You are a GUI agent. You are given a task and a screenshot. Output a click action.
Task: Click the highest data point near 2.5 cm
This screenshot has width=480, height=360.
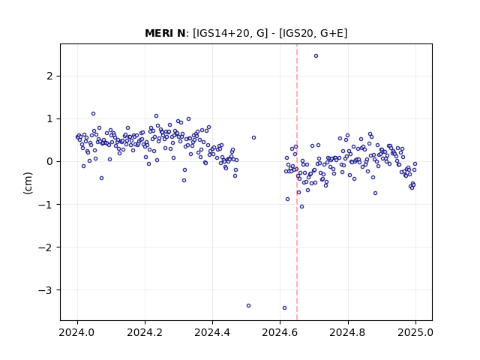coord(316,56)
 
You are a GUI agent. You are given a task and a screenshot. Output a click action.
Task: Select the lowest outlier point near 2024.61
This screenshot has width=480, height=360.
coord(284,308)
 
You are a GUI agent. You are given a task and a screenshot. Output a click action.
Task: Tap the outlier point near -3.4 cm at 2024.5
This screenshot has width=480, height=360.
coord(248,305)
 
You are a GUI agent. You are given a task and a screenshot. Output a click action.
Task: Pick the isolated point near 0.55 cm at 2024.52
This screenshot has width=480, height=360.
coord(253,138)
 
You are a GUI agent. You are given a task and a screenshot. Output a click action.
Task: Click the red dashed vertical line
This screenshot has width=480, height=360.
coord(297,182)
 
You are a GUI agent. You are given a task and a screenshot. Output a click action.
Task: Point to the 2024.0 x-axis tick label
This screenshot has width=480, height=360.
coord(77,332)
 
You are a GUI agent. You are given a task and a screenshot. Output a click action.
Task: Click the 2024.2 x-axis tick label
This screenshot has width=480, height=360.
coord(145,332)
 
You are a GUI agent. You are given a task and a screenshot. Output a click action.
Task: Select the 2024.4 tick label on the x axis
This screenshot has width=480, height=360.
coord(212,332)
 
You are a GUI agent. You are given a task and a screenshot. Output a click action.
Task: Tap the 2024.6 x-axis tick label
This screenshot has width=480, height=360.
coord(280,332)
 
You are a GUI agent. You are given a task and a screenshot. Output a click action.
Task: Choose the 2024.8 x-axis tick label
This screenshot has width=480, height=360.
coord(348,332)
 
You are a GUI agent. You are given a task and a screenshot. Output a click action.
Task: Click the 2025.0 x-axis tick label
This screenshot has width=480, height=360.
coord(415,332)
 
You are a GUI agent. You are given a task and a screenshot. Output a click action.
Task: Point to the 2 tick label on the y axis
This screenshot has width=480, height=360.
coord(49,76)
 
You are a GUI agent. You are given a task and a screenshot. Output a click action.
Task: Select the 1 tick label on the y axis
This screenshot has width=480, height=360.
coord(49,118)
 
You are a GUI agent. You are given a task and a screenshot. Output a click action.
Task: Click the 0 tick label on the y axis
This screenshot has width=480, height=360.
coord(49,162)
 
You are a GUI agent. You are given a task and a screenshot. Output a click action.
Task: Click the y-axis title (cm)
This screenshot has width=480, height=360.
coord(28,183)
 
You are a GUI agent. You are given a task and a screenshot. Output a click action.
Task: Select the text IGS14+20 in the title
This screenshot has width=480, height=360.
coord(221,33)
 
